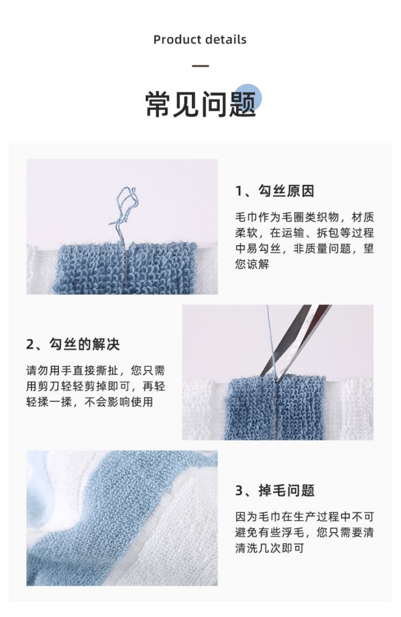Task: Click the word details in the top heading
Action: [225, 39]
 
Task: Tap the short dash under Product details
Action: [201, 66]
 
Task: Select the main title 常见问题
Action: [201, 105]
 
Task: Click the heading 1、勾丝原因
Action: [275, 191]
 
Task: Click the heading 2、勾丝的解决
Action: [73, 344]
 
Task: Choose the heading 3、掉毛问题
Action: [275, 491]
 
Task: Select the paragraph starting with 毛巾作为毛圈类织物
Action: [304, 241]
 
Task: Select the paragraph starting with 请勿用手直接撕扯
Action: [95, 386]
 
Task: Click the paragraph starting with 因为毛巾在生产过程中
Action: [304, 532]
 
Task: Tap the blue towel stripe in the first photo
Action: [125, 267]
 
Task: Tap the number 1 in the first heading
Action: [239, 191]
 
